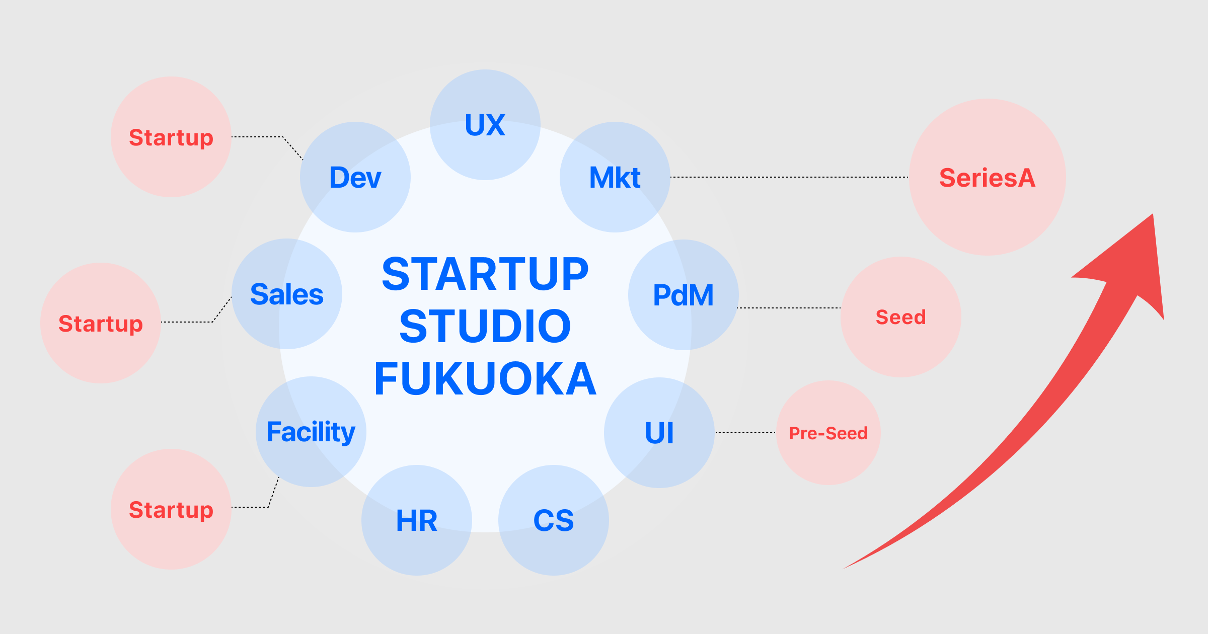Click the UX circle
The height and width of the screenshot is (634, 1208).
tap(485, 125)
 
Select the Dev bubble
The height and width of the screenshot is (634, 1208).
tap(355, 177)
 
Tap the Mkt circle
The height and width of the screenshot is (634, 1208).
tap(615, 177)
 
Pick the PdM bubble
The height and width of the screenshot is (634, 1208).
tap(683, 295)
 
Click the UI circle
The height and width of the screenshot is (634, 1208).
tap(659, 433)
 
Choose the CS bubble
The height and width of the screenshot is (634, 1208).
tap(553, 520)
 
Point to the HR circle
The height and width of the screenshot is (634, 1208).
tap(417, 520)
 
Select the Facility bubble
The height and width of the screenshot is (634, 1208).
tap(311, 432)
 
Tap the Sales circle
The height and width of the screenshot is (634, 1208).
tap(287, 294)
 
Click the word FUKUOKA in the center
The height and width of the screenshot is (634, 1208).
tap(485, 378)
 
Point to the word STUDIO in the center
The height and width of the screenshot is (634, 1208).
tap(485, 326)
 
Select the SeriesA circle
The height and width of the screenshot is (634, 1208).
tap(987, 177)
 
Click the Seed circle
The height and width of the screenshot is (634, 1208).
tap(900, 317)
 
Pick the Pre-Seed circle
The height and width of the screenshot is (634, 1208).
tap(828, 433)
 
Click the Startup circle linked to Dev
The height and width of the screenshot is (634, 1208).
tap(171, 137)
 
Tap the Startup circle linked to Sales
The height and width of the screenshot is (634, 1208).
tap(101, 323)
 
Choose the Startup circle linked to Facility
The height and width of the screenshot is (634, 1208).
tap(171, 509)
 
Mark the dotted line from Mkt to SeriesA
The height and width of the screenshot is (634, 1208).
tap(789, 177)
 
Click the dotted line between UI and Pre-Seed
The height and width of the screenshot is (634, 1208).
tap(745, 433)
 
